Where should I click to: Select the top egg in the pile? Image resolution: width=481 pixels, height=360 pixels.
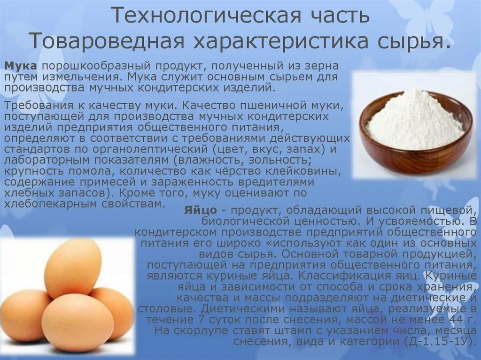click(73, 268)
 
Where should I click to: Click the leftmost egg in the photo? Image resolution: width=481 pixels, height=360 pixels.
click(23, 314)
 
